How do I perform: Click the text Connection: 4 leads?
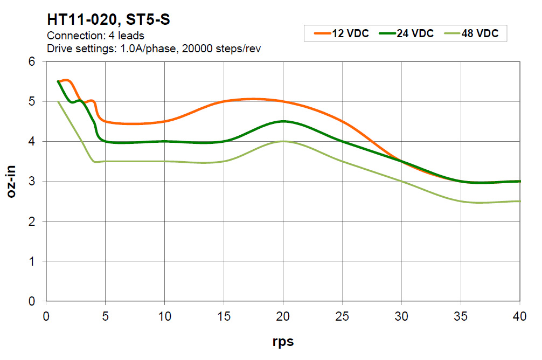(x=96, y=37)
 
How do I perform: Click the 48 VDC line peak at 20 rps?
(x=283, y=141)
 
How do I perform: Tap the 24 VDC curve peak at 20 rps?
(x=283, y=121)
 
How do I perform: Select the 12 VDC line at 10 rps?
(x=165, y=121)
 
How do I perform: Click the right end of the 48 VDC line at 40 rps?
(x=519, y=201)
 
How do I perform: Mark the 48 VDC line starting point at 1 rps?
(x=58, y=101)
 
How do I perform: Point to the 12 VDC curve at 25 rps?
(x=343, y=121)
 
